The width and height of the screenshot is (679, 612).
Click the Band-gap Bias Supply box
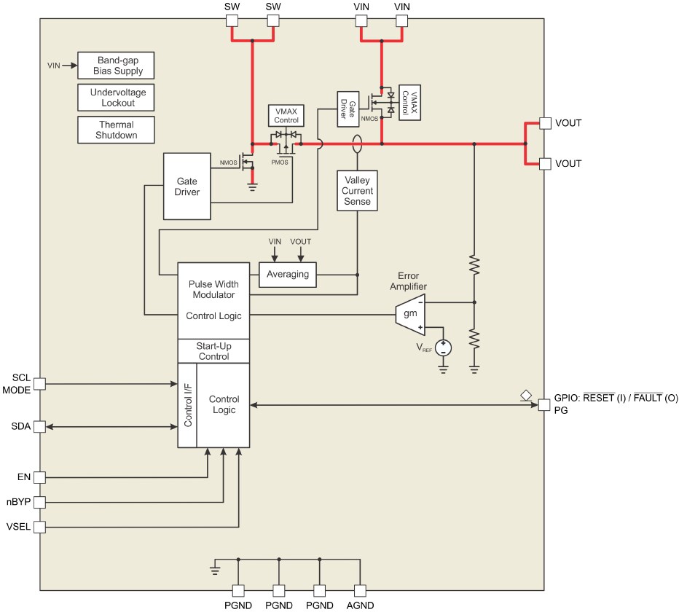pos(117,66)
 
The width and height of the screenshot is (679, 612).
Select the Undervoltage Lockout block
pos(117,98)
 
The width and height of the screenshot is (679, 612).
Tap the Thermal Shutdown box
pos(117,130)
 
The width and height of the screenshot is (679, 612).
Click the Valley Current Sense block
pos(357,191)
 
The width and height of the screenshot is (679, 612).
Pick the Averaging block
pos(287,275)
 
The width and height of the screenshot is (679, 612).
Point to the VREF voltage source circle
pos(443,348)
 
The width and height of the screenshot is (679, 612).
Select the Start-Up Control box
pos(213,351)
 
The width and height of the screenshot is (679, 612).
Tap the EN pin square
pos(39,477)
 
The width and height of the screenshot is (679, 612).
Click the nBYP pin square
pos(39,502)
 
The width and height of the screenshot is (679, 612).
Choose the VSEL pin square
pos(39,526)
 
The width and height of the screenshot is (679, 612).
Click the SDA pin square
pos(39,426)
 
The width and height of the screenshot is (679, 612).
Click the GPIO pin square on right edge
pos(543,405)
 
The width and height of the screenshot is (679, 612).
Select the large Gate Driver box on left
pos(187,186)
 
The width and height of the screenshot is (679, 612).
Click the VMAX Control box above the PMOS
pos(286,115)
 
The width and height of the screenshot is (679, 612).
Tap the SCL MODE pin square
pos(39,383)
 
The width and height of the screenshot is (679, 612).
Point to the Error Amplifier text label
pos(412,281)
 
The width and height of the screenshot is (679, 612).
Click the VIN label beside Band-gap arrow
pos(53,66)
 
